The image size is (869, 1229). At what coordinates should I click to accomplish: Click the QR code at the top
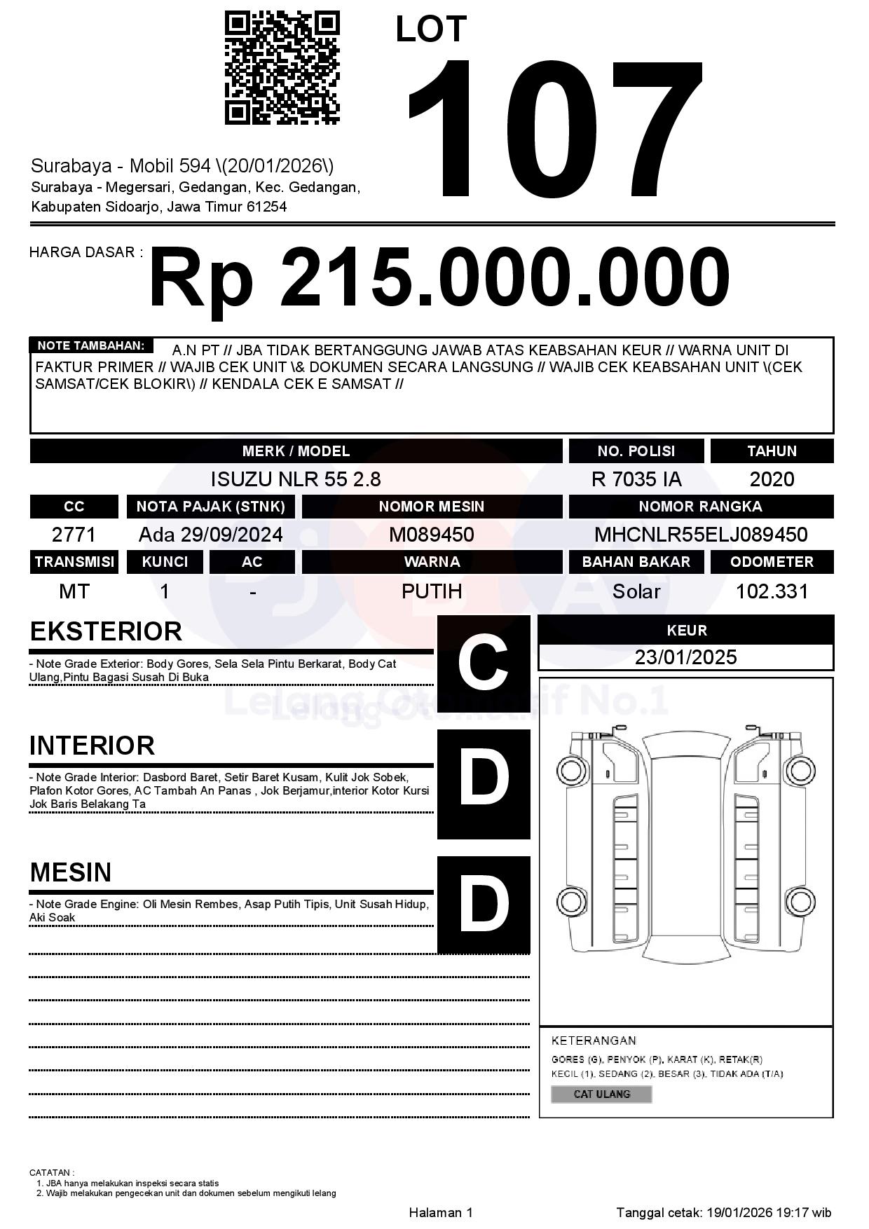click(x=282, y=68)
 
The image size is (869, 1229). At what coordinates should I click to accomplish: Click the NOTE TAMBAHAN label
click(x=91, y=345)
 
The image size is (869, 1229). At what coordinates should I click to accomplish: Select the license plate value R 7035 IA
click(x=636, y=479)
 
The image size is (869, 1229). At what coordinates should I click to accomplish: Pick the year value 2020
click(x=772, y=479)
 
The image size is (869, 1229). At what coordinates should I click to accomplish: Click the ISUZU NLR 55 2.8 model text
click(x=296, y=479)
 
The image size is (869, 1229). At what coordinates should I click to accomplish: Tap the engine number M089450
click(x=432, y=535)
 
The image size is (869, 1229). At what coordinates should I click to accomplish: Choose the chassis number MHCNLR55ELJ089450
click(x=701, y=535)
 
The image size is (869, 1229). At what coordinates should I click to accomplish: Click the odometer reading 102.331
click(x=772, y=591)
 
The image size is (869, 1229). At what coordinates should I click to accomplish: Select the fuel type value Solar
click(x=636, y=591)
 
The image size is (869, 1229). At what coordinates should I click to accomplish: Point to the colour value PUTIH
click(x=432, y=591)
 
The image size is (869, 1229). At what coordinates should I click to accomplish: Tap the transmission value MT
click(x=74, y=591)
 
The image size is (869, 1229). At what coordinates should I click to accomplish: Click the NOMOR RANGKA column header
click(x=701, y=507)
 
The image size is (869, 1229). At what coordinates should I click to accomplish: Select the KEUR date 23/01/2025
click(x=685, y=657)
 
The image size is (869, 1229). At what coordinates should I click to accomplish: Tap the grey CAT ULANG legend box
click(x=601, y=1094)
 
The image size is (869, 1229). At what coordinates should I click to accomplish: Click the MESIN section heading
click(x=71, y=872)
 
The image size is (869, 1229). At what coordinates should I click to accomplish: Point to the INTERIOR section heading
click(x=92, y=746)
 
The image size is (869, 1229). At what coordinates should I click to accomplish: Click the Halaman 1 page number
click(x=441, y=1212)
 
